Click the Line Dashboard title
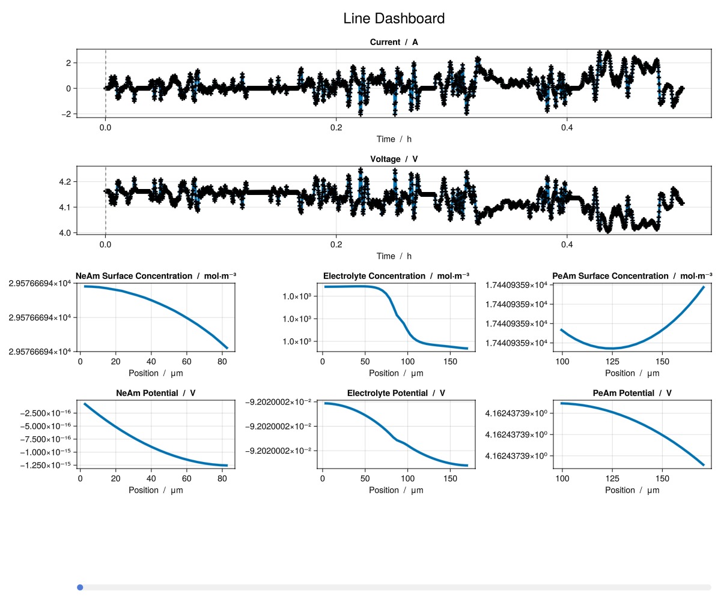point(394,19)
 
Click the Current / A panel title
point(394,42)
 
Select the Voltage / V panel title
point(394,159)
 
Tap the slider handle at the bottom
point(80,587)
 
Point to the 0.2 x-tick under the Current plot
point(336,127)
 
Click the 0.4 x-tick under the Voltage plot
point(567,244)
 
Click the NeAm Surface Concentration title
point(156,276)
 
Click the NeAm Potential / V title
point(156,393)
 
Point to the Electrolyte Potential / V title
point(396,393)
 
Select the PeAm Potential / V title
point(631,393)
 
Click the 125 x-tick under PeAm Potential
point(612,479)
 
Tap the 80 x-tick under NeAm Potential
point(222,479)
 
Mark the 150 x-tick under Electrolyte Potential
point(449,479)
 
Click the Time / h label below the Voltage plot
point(394,256)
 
